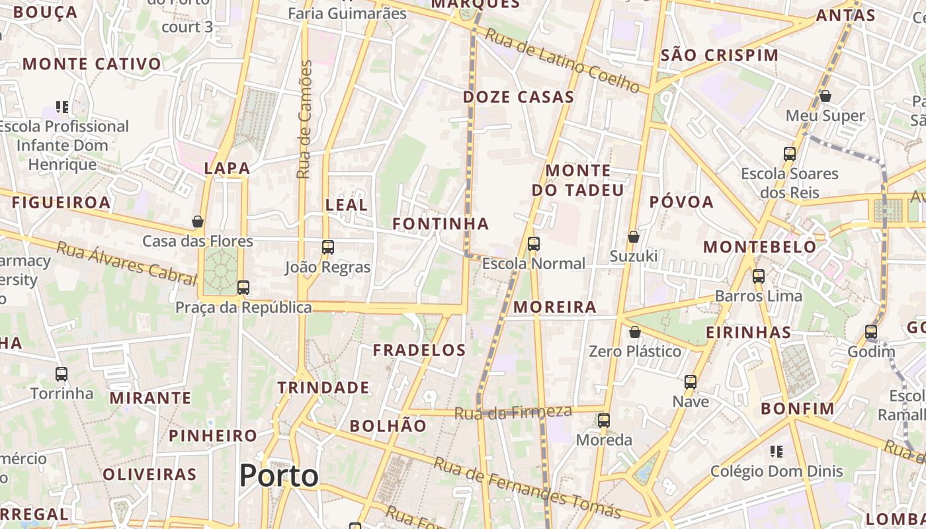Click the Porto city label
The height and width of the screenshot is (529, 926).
pyautogui.click(x=278, y=475)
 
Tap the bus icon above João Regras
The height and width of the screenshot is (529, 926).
pyautogui.click(x=327, y=247)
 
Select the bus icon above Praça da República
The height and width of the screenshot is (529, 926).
pyautogui.click(x=243, y=288)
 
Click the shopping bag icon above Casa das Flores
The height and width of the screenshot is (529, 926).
pyautogui.click(x=197, y=222)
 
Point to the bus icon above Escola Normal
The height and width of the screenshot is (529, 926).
pyautogui.click(x=534, y=244)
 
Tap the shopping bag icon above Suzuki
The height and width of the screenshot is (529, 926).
pyautogui.click(x=634, y=236)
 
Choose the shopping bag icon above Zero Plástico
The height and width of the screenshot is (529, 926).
pyautogui.click(x=635, y=331)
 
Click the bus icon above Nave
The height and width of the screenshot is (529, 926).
pyautogui.click(x=691, y=382)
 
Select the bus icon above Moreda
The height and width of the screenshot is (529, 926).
pyautogui.click(x=604, y=420)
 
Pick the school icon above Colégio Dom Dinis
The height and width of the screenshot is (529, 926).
pyautogui.click(x=777, y=452)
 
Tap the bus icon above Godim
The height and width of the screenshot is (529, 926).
pyautogui.click(x=871, y=332)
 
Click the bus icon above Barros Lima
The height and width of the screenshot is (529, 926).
pyautogui.click(x=759, y=276)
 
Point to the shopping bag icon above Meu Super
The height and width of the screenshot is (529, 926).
pyautogui.click(x=825, y=96)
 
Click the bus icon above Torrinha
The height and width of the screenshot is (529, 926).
pyautogui.click(x=62, y=374)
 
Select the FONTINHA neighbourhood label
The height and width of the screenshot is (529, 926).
pyautogui.click(x=441, y=224)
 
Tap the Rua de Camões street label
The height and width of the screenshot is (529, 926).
pyautogui.click(x=304, y=119)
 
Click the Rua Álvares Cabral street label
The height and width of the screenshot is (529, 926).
pyautogui.click(x=117, y=262)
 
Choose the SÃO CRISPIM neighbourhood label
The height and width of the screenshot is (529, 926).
pyautogui.click(x=720, y=55)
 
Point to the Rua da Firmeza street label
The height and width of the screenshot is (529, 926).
pyautogui.click(x=513, y=413)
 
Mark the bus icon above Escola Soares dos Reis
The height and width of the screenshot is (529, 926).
pyautogui.click(x=789, y=154)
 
